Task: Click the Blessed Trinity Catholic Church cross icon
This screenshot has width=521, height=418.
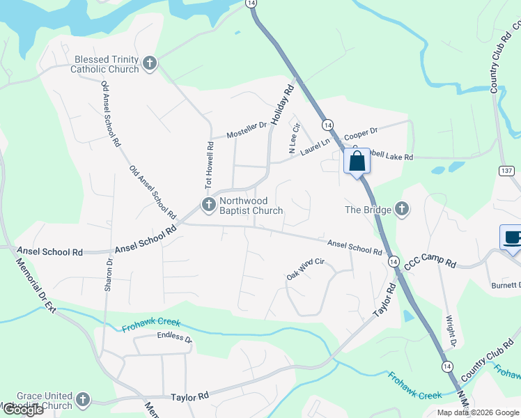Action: pyautogui.click(x=150, y=64)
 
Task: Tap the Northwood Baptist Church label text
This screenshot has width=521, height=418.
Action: pyautogui.click(x=251, y=206)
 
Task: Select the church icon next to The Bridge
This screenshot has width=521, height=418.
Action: pyautogui.click(x=401, y=208)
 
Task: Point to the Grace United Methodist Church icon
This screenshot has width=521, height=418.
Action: pyautogui.click(x=83, y=400)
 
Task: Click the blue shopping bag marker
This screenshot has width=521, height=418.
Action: pyautogui.click(x=357, y=162)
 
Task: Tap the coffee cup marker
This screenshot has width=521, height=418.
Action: pyautogui.click(x=511, y=238)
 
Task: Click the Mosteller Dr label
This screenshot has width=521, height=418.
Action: pyautogui.click(x=247, y=130)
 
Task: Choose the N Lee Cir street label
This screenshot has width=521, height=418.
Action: pyautogui.click(x=293, y=138)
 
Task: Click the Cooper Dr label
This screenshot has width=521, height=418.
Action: pyautogui.click(x=360, y=132)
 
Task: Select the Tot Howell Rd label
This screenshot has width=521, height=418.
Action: pyautogui.click(x=208, y=164)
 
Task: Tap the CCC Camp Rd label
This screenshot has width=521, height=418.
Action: pyautogui.click(x=430, y=262)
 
